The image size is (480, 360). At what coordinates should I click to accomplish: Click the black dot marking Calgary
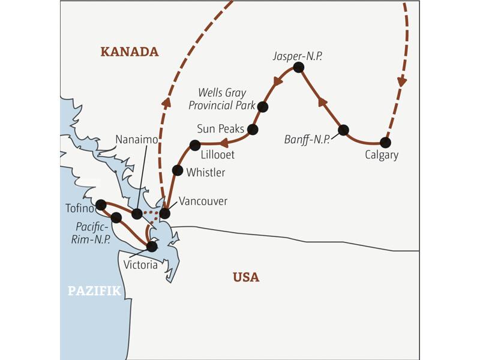(x=385, y=143)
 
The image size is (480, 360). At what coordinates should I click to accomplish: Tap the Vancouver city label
(x=203, y=201)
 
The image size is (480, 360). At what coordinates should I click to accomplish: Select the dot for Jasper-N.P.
(x=298, y=68)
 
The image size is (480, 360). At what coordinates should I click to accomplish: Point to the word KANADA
(x=130, y=52)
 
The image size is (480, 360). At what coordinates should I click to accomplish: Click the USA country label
(x=246, y=277)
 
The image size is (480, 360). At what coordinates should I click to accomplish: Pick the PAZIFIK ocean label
(x=94, y=292)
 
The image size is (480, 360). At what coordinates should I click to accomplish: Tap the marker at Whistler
(x=178, y=170)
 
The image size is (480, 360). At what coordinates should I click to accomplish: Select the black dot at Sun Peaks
(x=253, y=129)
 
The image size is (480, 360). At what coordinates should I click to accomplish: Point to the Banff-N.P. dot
(x=343, y=130)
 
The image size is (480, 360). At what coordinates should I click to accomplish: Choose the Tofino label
(x=79, y=209)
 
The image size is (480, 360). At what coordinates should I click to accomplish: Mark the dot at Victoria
(x=152, y=246)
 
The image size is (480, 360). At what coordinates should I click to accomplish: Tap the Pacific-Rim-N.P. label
(x=93, y=233)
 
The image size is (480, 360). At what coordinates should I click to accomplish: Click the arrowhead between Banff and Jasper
(x=323, y=103)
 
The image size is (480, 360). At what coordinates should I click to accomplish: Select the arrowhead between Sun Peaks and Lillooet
(x=223, y=143)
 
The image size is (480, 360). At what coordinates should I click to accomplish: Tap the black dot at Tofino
(x=101, y=205)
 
